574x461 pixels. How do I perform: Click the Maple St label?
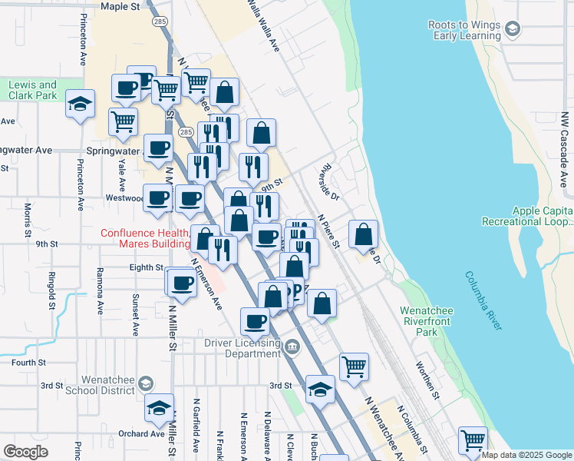(120, 6)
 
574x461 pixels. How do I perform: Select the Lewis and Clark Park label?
(33, 90)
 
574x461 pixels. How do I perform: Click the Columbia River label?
(484, 300)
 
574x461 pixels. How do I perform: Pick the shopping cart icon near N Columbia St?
(473, 440)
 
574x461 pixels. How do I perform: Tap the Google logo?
(27, 452)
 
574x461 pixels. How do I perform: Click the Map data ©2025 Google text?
(526, 455)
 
